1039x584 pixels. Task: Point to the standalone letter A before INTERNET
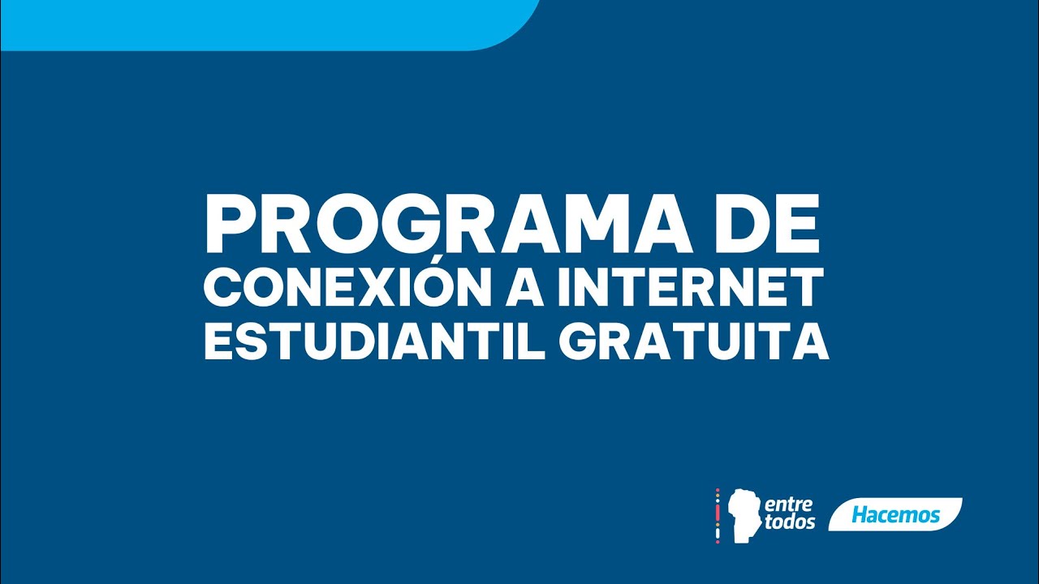coord(524,290)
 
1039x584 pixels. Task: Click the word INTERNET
coord(689,290)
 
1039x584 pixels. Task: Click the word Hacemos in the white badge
coord(895,515)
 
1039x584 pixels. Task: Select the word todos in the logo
coord(789,523)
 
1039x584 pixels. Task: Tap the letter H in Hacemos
coord(860,515)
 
